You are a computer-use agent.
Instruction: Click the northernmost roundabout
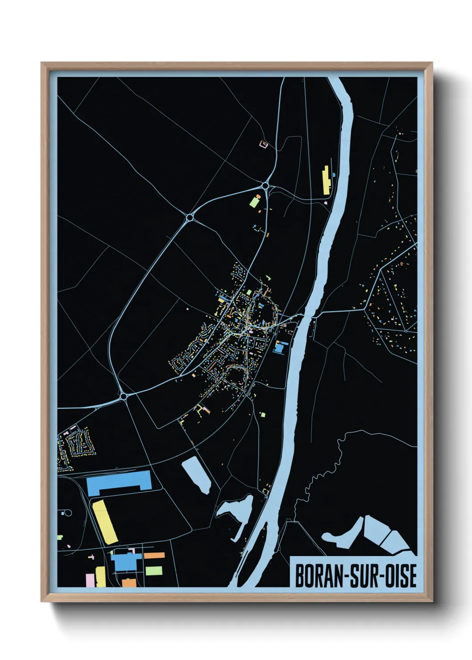(265, 185)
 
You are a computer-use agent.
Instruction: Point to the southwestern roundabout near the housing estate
(124, 396)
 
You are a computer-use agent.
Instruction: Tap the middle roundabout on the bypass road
(190, 217)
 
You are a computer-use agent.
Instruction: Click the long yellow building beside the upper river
(326, 180)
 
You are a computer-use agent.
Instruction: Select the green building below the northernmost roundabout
(254, 202)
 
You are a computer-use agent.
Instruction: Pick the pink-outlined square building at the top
(263, 144)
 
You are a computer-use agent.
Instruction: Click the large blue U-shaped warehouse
(119, 483)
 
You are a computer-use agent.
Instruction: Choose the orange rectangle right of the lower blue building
(154, 556)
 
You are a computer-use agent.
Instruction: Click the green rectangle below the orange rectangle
(154, 570)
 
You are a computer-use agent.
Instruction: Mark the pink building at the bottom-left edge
(90, 580)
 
